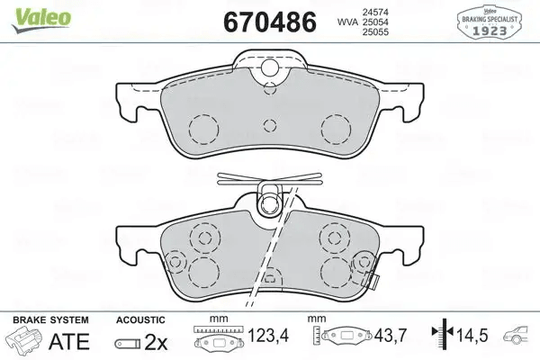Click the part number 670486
click(x=263, y=21)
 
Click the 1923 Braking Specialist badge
click(x=495, y=21)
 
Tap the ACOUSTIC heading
click(x=140, y=319)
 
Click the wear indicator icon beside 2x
click(x=127, y=343)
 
